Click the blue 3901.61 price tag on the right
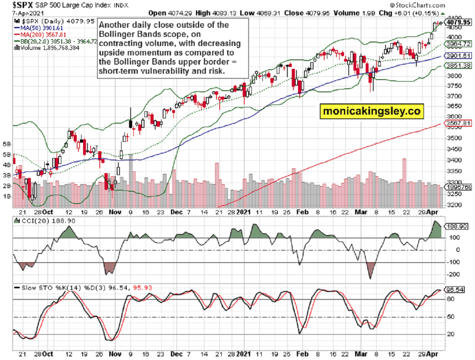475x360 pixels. click(x=459, y=55)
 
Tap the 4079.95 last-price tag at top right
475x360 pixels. click(x=459, y=23)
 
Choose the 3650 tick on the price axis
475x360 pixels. click(x=455, y=106)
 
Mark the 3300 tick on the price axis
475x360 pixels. click(x=455, y=183)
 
